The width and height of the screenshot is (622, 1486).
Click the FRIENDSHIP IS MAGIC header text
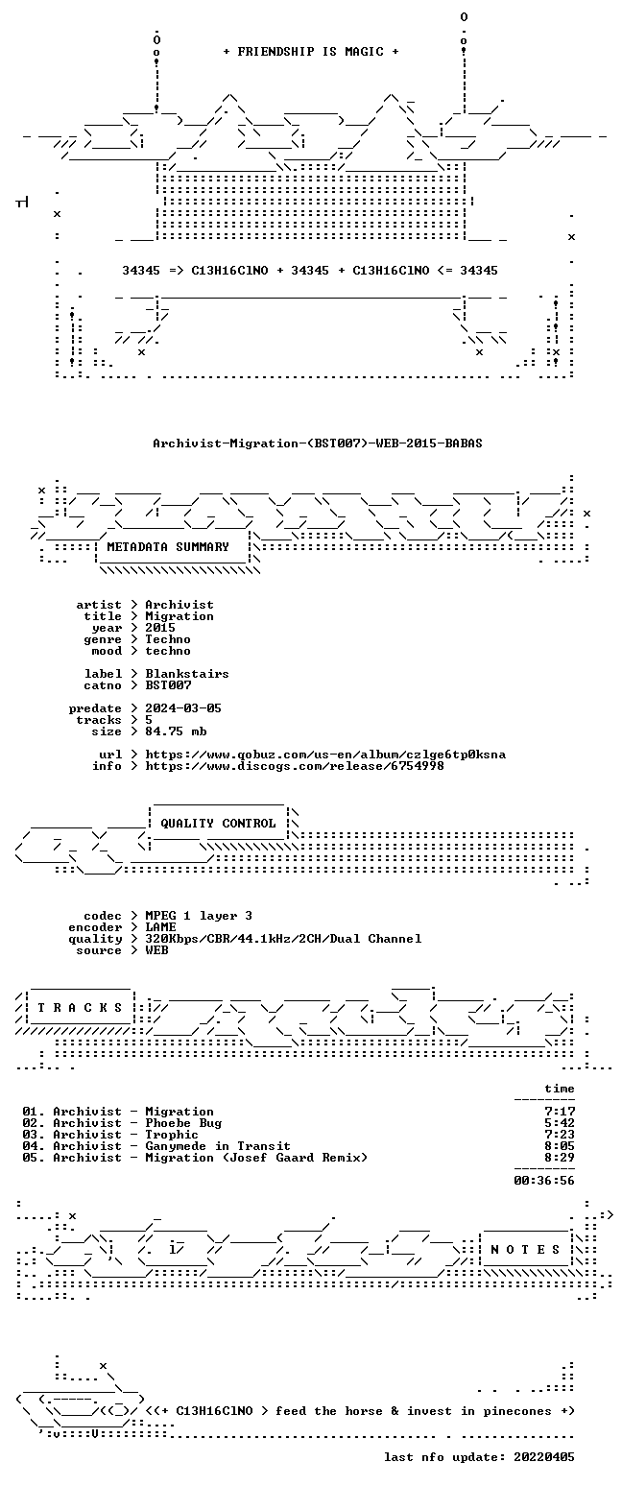310,52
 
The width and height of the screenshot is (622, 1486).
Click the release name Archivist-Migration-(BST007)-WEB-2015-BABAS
318,443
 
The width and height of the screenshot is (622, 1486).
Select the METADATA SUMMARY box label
168,546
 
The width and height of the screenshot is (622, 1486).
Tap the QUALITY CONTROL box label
218,824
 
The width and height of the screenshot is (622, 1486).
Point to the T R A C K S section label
81,1008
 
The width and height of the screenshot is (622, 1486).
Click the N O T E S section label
524,1249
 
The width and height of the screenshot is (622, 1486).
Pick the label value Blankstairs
187,674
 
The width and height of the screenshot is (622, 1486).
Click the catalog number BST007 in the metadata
168,685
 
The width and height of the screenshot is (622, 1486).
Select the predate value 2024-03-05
183,708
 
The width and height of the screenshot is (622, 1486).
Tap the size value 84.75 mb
176,731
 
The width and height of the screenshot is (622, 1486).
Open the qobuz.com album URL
325,755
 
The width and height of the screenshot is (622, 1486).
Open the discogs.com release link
295,766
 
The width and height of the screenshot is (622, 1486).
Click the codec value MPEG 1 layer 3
199,916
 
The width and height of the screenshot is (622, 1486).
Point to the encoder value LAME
160,927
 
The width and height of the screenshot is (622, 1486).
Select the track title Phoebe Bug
183,1123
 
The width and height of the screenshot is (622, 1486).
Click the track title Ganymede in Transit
218,1145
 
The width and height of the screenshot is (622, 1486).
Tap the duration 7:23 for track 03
560,1135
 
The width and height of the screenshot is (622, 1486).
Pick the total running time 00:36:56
543,1180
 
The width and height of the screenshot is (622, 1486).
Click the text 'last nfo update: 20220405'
479,1457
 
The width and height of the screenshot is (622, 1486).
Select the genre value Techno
168,639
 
